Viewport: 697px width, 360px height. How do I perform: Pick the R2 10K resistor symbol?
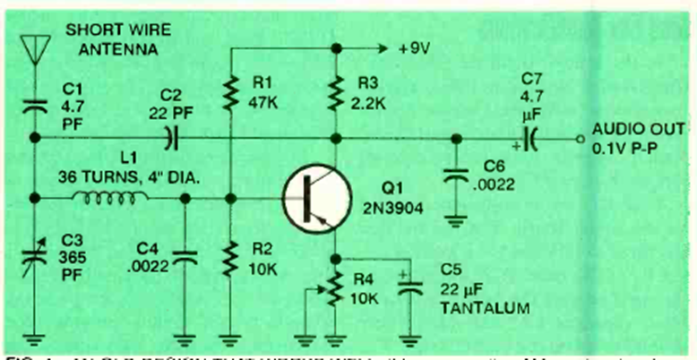coord(231,260)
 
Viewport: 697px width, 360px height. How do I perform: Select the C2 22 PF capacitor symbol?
coord(169,139)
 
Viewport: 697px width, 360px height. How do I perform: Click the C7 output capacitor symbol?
coord(529,139)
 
